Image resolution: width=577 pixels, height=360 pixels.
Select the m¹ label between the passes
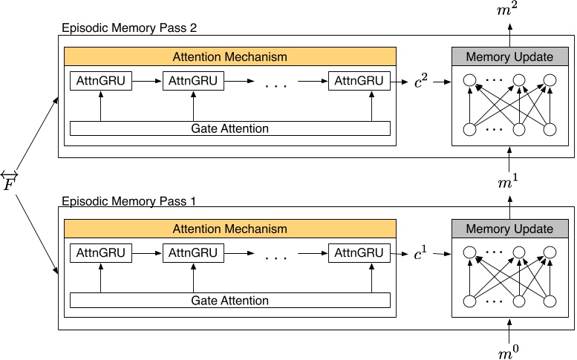(509, 182)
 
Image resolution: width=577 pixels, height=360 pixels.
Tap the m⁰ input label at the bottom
(509, 352)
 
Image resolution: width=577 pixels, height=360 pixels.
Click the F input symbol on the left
(10, 180)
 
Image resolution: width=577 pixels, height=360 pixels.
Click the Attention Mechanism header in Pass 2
(229, 56)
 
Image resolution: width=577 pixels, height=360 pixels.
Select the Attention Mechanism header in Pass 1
(229, 229)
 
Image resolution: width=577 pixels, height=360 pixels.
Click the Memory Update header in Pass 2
(509, 57)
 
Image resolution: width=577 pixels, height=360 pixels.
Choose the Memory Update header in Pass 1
(509, 229)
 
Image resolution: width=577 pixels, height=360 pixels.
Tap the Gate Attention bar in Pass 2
(229, 128)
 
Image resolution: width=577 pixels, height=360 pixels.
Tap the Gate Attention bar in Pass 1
(229, 301)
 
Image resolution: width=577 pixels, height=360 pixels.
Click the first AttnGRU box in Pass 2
(100, 81)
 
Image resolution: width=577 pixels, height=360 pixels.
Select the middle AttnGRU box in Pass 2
(193, 81)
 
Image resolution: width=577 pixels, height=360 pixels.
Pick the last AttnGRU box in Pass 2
(359, 81)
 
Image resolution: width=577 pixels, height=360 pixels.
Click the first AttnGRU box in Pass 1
(100, 253)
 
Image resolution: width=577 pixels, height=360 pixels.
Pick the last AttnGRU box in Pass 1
(359, 253)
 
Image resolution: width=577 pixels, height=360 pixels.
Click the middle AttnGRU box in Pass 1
(193, 253)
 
